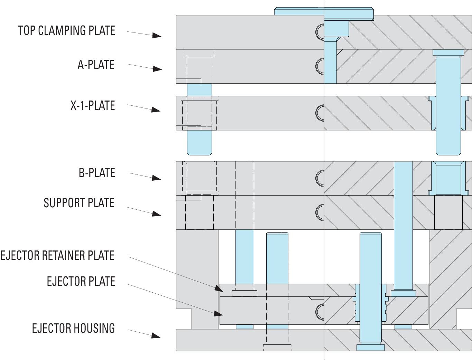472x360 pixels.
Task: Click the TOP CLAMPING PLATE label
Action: pyautogui.click(x=66, y=30)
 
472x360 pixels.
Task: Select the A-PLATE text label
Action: pyautogui.click(x=96, y=65)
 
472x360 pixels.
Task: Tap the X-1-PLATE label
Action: pyautogui.click(x=93, y=105)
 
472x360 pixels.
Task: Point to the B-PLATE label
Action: pyautogui.click(x=97, y=172)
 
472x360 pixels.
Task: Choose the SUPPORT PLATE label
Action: pyautogui.click(x=79, y=203)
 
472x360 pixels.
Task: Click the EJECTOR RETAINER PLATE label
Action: pyautogui.click(x=57, y=255)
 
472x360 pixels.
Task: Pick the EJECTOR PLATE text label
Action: pyautogui.click(x=81, y=281)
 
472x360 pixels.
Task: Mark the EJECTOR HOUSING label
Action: pyautogui.click(x=73, y=328)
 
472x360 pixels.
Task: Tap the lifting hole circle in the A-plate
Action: pyautogui.click(x=320, y=65)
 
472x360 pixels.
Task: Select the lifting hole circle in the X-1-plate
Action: pyautogui.click(x=320, y=112)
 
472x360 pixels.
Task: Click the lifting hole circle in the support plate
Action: pyautogui.click(x=320, y=211)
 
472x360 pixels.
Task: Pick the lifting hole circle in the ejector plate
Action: pyautogui.click(x=320, y=311)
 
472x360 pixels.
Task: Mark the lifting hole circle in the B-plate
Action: pyautogui.click(x=320, y=178)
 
